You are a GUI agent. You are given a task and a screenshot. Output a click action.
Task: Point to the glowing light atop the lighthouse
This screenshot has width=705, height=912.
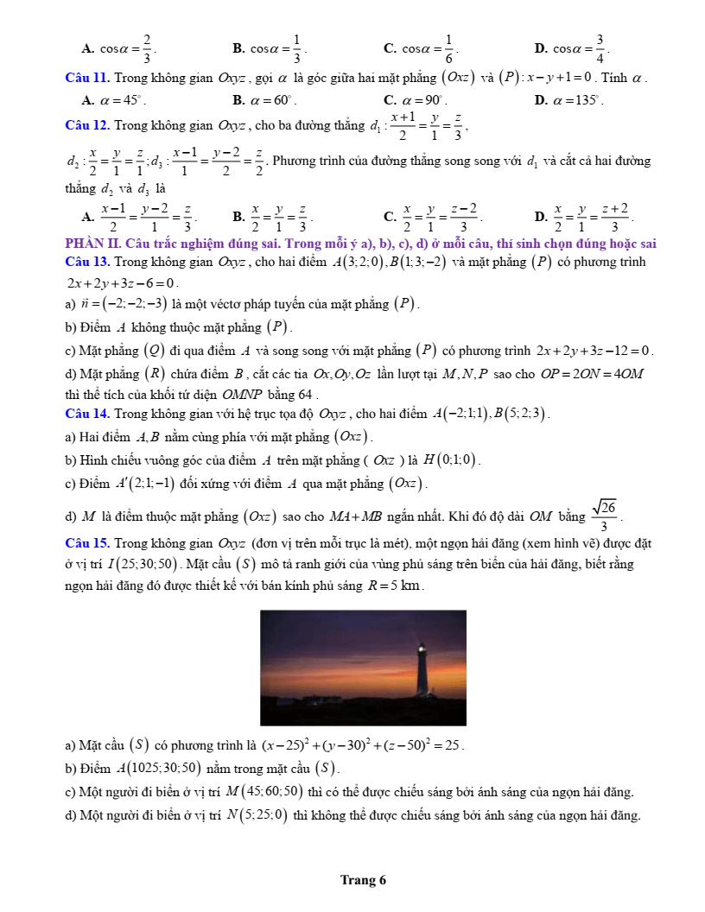422,646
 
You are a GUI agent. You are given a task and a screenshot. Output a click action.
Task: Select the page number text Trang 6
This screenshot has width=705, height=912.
363,880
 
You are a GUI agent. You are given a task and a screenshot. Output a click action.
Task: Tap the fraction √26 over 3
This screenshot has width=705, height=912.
607,516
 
